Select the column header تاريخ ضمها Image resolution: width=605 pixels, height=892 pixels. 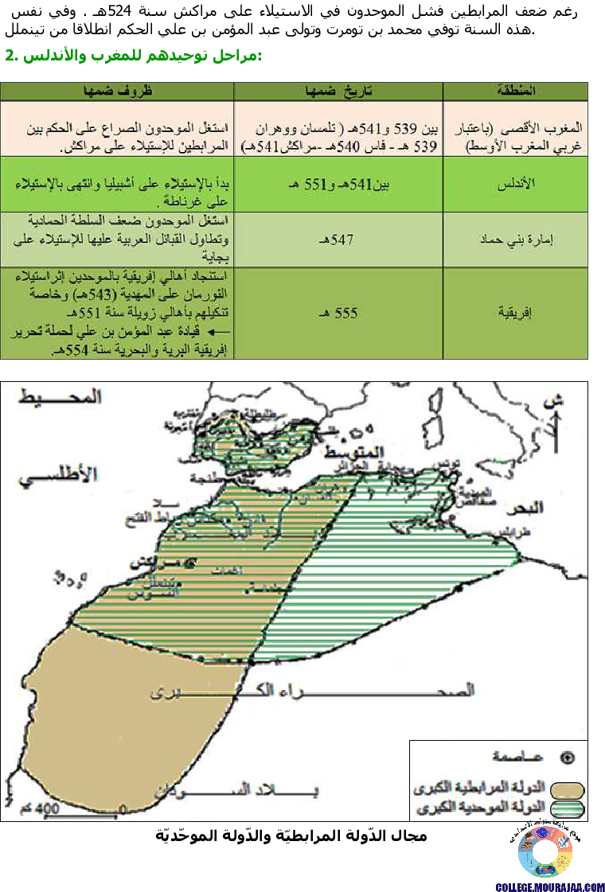[x=338, y=91]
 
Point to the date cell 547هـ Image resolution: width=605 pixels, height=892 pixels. [x=339, y=238]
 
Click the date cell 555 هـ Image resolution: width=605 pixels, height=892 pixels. [x=339, y=314]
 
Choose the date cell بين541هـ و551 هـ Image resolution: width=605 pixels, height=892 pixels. [x=339, y=184]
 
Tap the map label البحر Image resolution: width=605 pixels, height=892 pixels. [x=525, y=507]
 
